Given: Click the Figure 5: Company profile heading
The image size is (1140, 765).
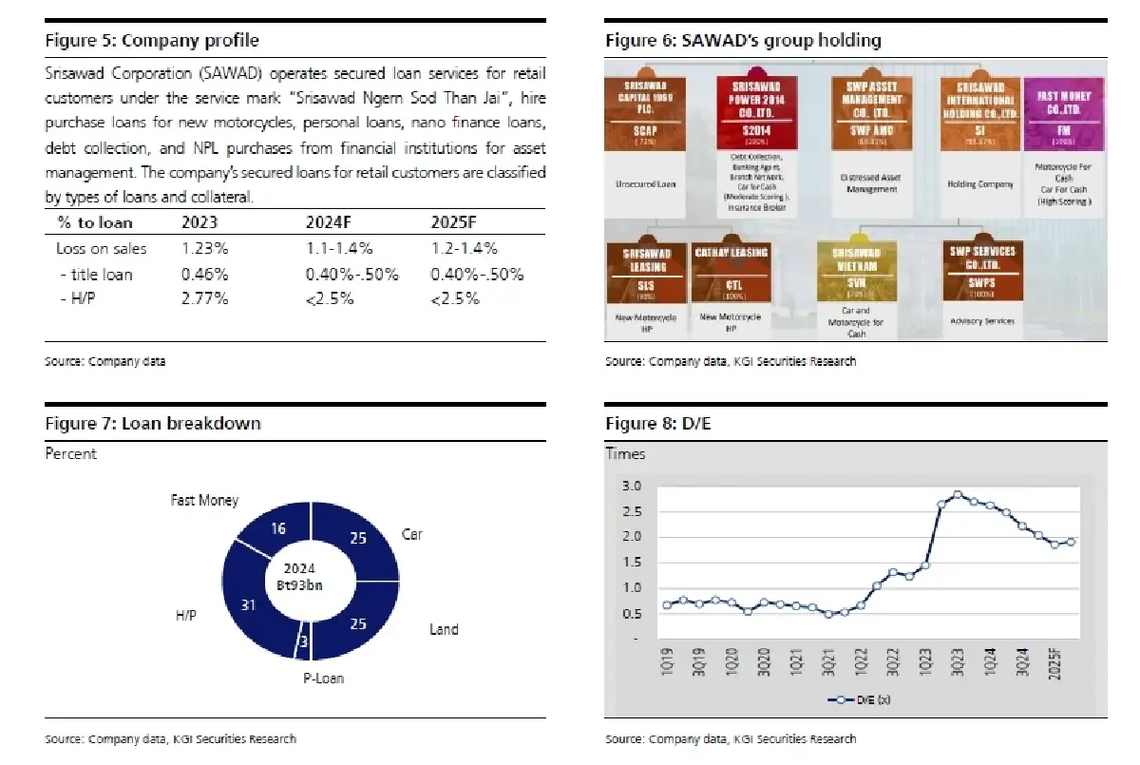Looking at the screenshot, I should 152,41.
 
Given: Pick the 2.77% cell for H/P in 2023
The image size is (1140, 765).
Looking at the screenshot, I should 204,299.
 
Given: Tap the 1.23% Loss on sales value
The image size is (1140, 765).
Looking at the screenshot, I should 204,249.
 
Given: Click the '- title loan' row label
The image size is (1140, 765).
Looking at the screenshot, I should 95,275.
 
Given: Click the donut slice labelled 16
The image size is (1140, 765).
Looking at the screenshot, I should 278,529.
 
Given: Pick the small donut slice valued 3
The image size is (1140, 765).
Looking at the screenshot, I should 303,645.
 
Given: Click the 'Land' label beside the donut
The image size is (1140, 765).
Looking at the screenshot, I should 444,629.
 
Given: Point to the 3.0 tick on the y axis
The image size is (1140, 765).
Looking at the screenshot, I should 631,487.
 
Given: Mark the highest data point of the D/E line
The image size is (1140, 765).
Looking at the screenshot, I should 958,495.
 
